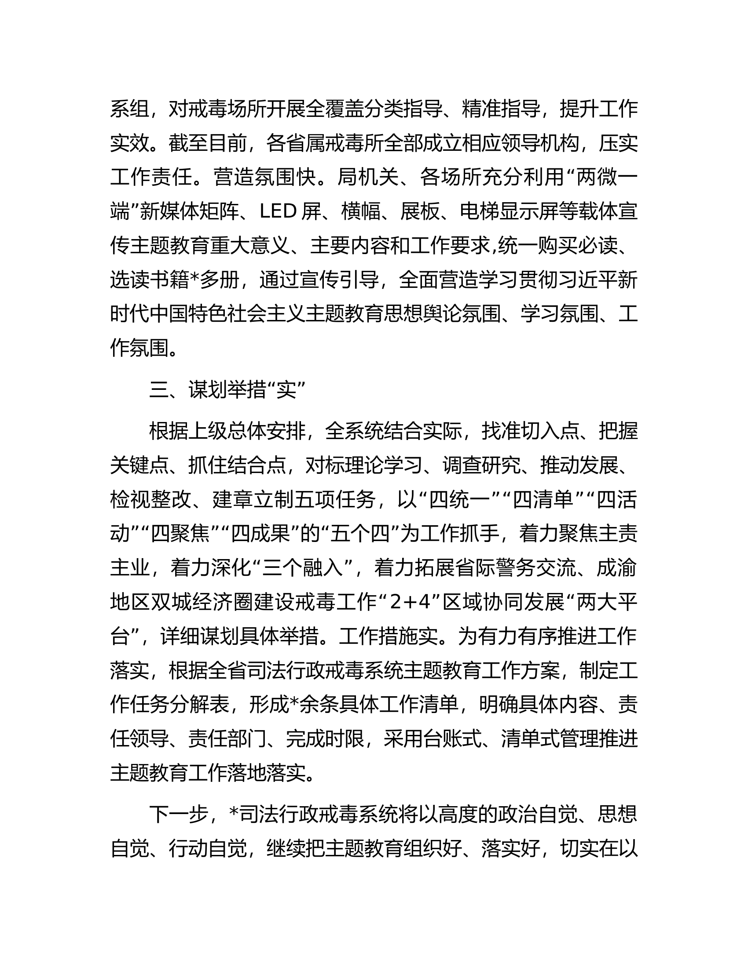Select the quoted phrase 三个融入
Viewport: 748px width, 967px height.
[303, 568]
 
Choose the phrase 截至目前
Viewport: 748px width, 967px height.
[208, 143]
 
